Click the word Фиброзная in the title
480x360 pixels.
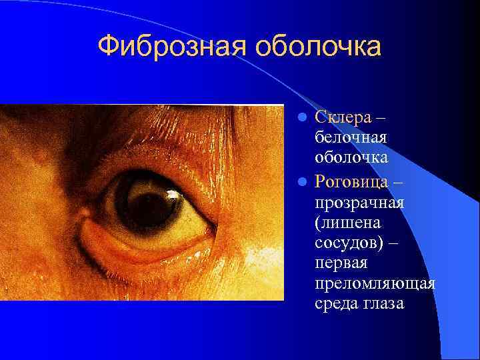click(x=170, y=47)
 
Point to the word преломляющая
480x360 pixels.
click(x=375, y=284)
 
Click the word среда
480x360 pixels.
click(x=335, y=305)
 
